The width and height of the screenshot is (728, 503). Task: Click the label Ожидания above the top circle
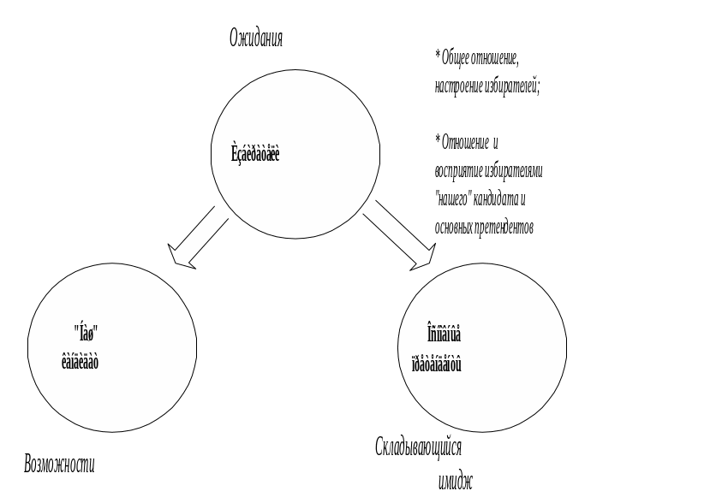[x=255, y=38]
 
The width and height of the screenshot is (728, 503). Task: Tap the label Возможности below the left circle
[x=59, y=465]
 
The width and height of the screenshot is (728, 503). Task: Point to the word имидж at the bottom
[x=454, y=481]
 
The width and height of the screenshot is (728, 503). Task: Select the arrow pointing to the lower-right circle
[x=400, y=236]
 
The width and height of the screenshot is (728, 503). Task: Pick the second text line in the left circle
[x=81, y=361]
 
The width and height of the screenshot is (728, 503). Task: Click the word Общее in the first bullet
[x=457, y=58]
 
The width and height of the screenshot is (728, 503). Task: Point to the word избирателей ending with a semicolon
[x=512, y=86]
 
